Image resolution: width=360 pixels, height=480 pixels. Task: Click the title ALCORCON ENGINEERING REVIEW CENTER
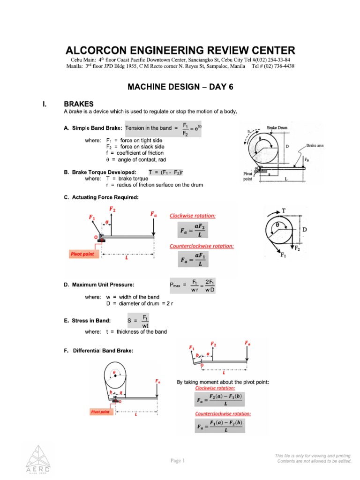(x=180, y=50)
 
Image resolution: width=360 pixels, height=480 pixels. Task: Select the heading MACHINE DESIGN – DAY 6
(x=180, y=87)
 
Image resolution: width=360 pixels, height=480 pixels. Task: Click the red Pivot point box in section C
(x=82, y=254)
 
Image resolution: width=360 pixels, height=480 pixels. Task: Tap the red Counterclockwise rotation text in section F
(x=223, y=413)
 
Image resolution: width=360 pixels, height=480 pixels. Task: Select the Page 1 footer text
(x=178, y=460)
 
